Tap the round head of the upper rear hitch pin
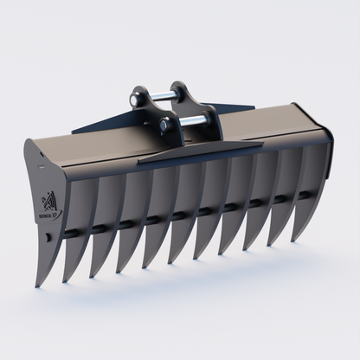136,100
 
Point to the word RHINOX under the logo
49,217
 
